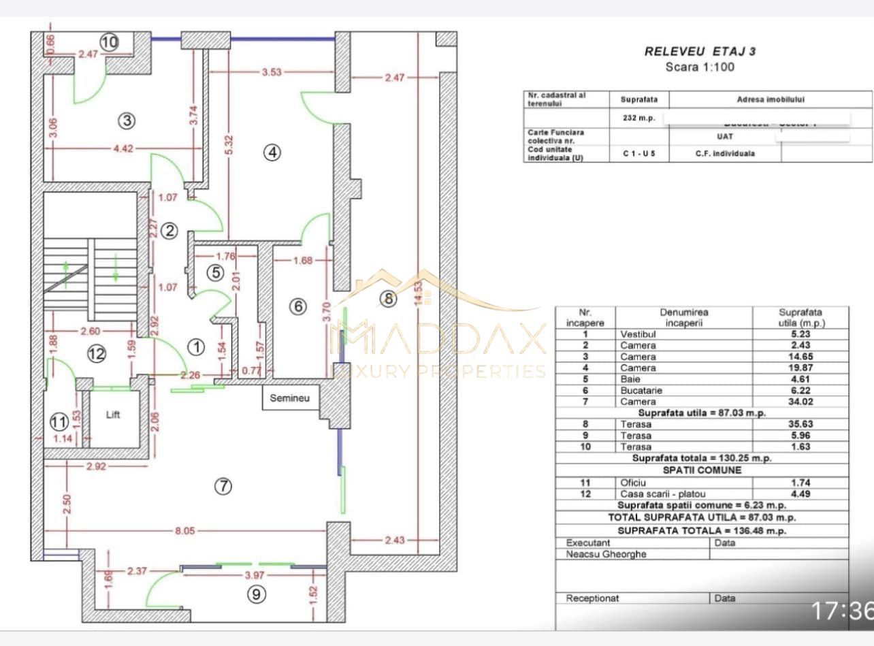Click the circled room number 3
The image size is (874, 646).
pos(126,121)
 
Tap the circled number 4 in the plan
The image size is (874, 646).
pos(272,153)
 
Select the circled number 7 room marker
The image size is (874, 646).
pos(223,486)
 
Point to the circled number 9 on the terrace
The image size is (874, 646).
pos(256,594)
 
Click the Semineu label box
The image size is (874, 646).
pos(290,398)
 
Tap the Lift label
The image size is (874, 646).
pos(113,415)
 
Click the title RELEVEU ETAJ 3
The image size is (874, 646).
pos(700,51)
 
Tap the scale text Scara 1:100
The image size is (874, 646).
pos(700,67)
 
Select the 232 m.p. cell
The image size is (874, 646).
pos(639,118)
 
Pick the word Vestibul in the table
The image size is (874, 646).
pos(638,334)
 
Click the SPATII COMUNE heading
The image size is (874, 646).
pos(702,470)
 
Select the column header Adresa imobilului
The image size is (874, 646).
pos(771,99)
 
